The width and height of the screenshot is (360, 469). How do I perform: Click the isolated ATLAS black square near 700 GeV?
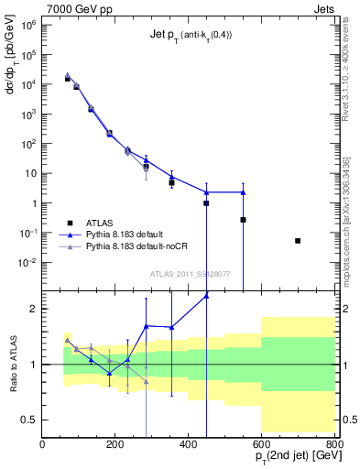[x=298, y=241]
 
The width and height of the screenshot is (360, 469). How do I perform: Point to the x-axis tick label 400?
[x=189, y=444]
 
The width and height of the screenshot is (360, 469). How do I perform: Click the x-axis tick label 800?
[x=333, y=444]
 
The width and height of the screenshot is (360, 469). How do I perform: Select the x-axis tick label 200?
[x=115, y=444]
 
